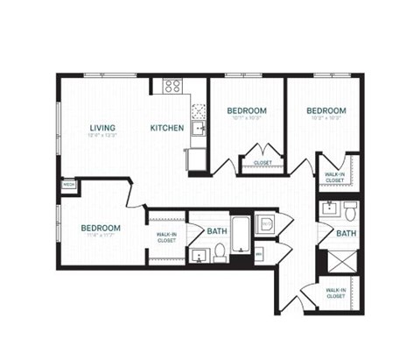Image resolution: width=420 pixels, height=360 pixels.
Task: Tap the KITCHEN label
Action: [167, 128]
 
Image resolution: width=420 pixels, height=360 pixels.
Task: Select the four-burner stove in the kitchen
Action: [172, 86]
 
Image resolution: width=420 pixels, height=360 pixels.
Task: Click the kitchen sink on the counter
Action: [199, 129]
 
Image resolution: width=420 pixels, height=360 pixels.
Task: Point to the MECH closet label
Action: [67, 185]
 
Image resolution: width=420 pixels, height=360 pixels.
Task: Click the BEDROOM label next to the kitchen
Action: [247, 110]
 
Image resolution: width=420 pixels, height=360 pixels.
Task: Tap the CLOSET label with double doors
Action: [262, 162]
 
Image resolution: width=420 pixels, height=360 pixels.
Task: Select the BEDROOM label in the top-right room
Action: [325, 110]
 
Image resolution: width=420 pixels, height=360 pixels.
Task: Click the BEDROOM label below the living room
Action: [101, 228]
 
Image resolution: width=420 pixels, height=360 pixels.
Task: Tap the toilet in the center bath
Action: [220, 252]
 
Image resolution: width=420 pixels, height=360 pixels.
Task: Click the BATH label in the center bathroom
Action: [217, 231]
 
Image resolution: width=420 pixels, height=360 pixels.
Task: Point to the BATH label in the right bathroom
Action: [346, 234]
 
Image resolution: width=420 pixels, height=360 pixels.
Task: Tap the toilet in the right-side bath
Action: [350, 209]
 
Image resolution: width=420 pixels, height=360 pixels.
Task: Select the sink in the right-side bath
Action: [330, 208]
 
